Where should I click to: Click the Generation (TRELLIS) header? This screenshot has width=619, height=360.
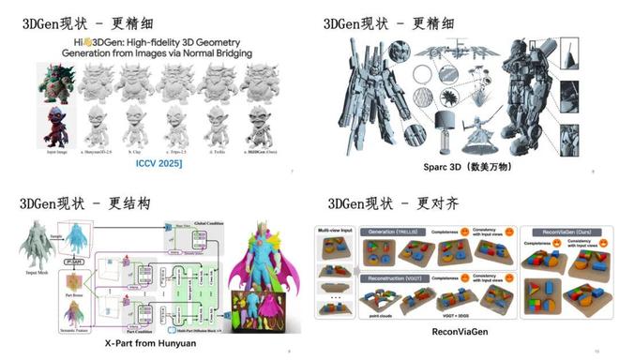click(400, 231)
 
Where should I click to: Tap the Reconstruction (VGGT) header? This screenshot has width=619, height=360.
click(400, 278)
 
